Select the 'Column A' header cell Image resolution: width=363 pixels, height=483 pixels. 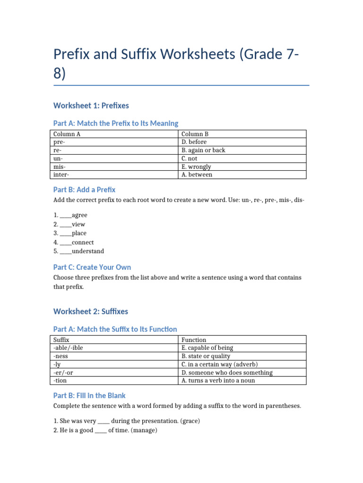pos(67,134)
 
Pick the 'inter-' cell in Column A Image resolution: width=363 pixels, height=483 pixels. pos(61,175)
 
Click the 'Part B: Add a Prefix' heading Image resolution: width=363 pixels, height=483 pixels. pos(85,190)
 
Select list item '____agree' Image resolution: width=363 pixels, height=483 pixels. pos(70,215)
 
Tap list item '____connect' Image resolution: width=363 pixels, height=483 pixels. pos(73,242)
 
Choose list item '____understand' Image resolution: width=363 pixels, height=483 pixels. pos(78,251)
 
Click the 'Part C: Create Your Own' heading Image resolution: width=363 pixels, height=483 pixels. pos(92,267)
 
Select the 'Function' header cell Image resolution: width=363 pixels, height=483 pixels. pos(194,340)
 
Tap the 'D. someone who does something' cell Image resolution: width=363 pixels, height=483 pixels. pos(227,373)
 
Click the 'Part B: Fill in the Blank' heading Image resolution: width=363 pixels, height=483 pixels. pos(90,395)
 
